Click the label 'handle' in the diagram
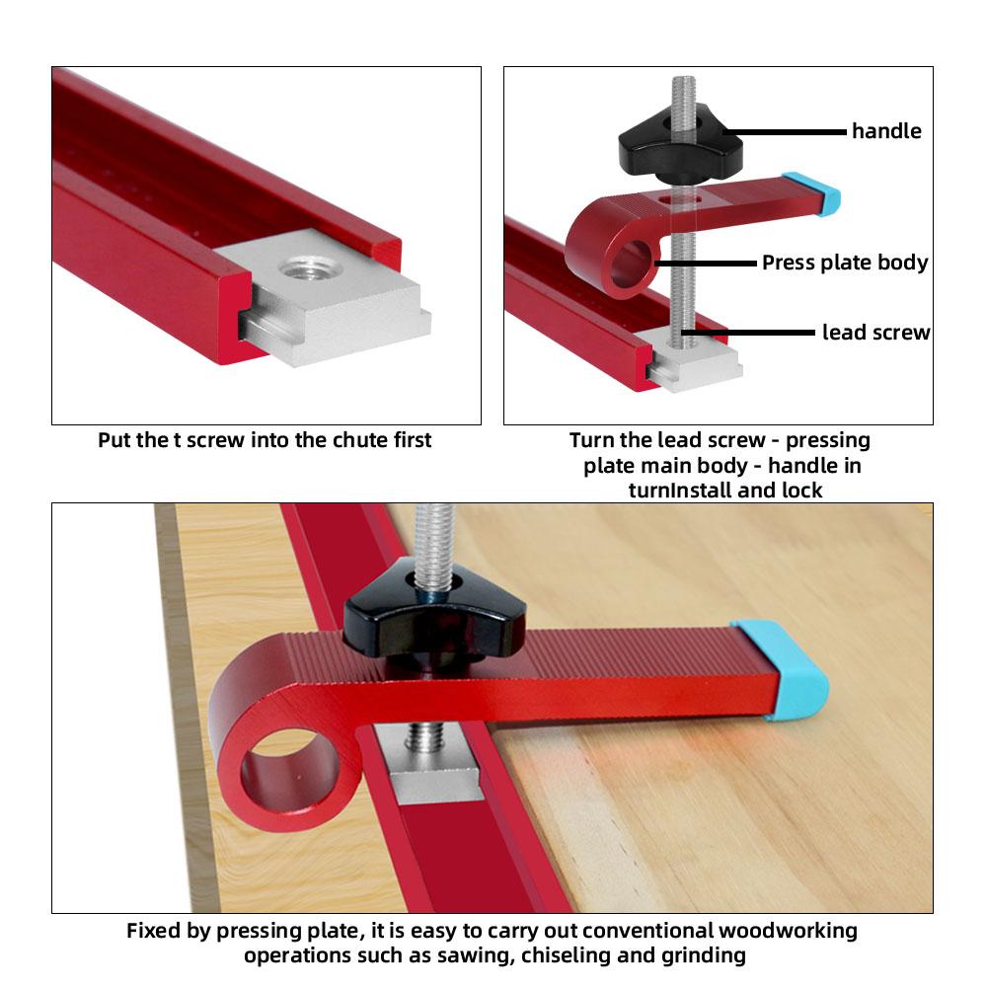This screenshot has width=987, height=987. pos(886,131)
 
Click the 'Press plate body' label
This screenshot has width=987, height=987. pos(845,263)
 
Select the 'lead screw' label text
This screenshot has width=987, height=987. pos(875,333)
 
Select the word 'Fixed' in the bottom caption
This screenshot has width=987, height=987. pos(153,930)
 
